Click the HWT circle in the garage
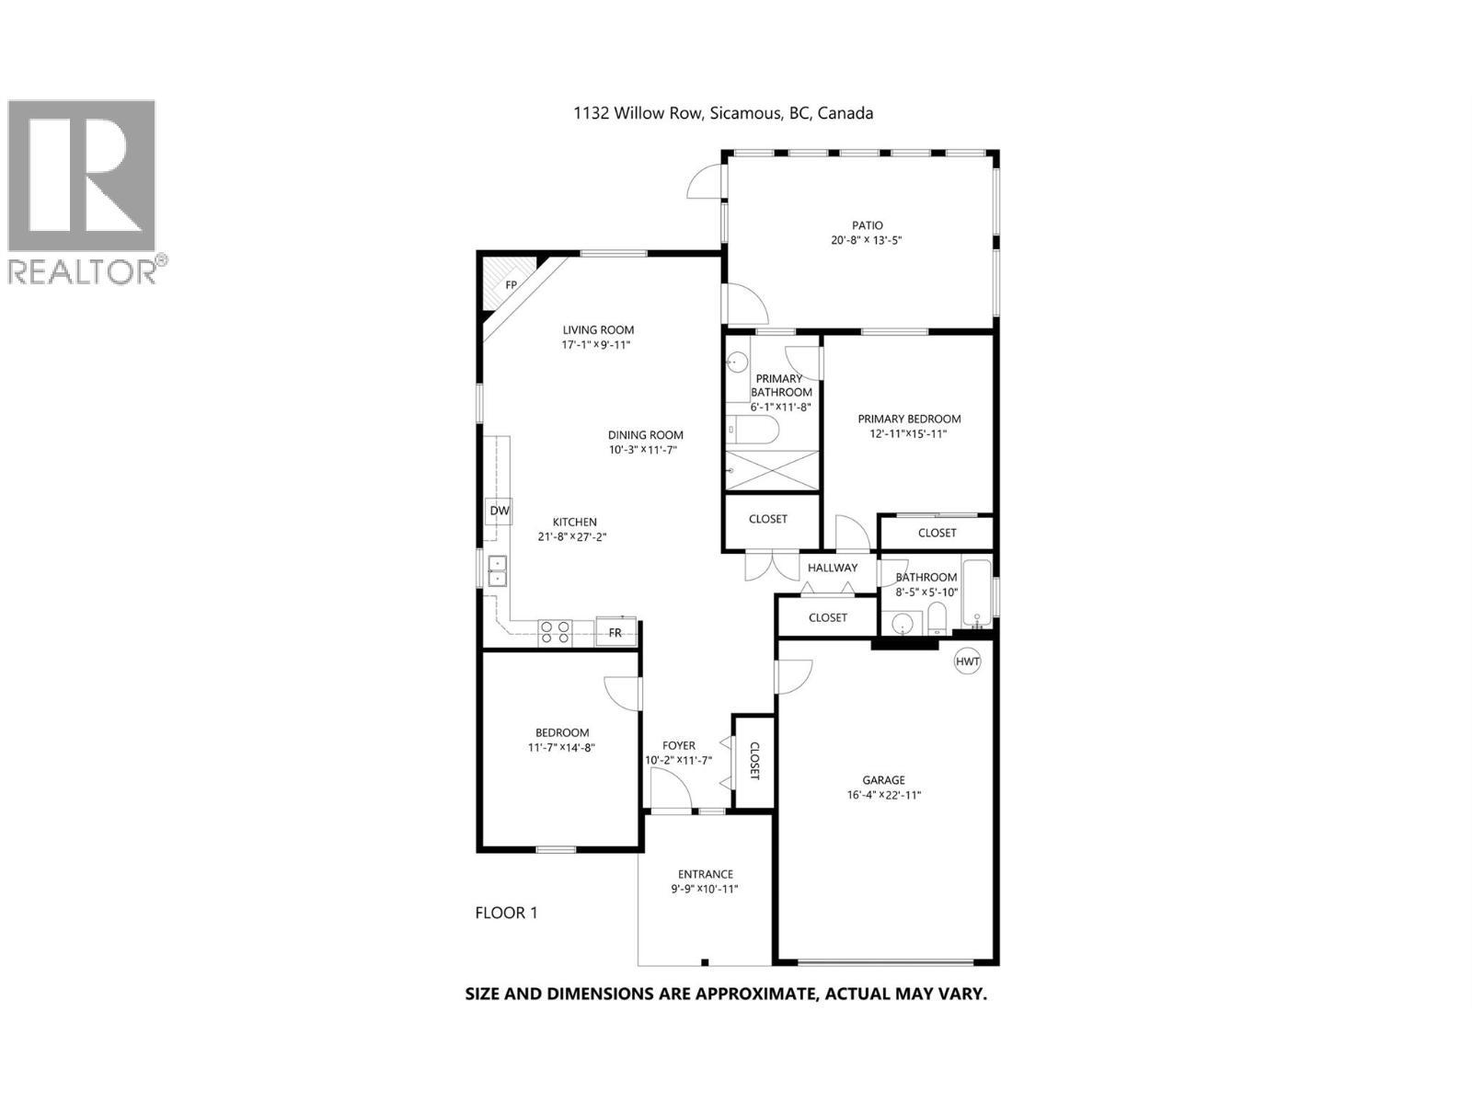coord(967,661)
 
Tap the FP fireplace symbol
coord(510,284)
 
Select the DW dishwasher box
coord(499,511)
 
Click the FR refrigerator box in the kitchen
coord(615,632)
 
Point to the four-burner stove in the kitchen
coord(555,632)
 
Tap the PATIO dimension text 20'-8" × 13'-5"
coord(867,240)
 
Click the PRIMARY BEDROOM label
coord(909,419)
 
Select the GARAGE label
coord(883,780)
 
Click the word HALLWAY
coord(833,568)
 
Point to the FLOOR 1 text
coord(506,913)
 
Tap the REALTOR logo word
coord(81,271)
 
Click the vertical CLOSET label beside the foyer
coord(754,761)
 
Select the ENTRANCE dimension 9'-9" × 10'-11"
coord(705,889)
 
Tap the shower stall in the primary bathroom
coord(772,471)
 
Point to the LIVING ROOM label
coord(598,329)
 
